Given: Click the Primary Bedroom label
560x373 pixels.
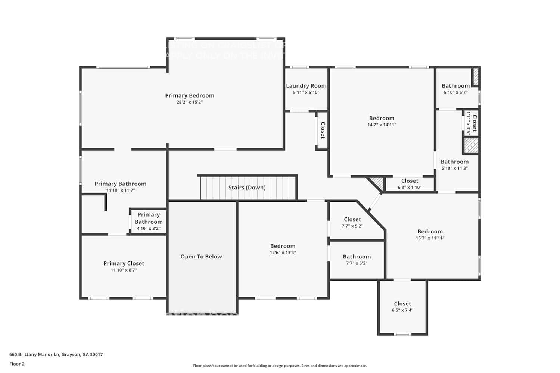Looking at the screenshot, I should [190, 95].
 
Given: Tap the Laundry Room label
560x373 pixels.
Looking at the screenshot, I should [306, 86].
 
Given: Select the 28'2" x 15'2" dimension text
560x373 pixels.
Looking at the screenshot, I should [190, 102].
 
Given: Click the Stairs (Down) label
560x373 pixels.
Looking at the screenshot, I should [247, 188].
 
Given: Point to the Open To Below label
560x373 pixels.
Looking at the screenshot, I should [201, 257].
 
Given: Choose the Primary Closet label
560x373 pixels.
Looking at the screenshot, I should [124, 263].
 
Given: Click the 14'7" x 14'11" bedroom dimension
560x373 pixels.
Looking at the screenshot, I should [382, 125].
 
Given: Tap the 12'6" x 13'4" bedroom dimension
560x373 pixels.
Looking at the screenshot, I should [283, 253].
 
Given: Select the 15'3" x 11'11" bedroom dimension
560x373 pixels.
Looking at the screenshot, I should [430, 238].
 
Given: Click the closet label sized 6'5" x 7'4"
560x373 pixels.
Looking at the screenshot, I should [402, 304].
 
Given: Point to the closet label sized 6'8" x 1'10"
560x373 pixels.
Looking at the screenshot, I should [410, 181].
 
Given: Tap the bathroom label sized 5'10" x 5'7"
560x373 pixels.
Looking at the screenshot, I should [455, 86].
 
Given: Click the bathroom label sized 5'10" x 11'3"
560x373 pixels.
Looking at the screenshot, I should [454, 162].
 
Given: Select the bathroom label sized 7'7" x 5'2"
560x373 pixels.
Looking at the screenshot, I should [357, 257].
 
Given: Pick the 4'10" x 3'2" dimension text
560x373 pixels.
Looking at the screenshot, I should [149, 228].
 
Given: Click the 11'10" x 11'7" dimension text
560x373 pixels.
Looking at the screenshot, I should [120, 190].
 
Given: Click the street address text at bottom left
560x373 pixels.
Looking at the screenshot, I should [56, 355].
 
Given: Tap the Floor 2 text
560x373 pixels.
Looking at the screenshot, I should [17, 364].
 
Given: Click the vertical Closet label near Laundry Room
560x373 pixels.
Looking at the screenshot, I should [323, 130].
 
